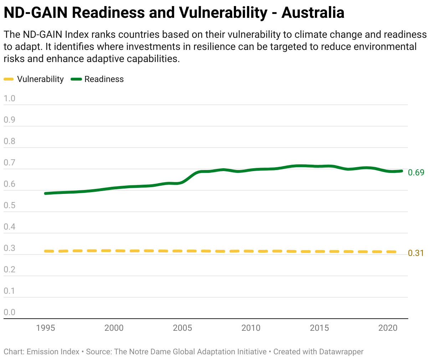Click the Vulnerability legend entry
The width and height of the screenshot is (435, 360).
click(x=34, y=79)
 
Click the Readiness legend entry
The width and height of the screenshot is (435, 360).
click(x=97, y=79)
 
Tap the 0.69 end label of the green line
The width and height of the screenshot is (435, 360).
click(x=416, y=173)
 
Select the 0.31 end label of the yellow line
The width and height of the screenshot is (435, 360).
click(x=416, y=253)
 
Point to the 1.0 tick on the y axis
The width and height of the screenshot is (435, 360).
click(x=9, y=98)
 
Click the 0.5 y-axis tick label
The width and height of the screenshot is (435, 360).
click(x=9, y=205)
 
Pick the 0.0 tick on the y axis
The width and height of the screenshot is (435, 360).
click(x=9, y=312)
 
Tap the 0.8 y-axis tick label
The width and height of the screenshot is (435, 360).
click(x=9, y=141)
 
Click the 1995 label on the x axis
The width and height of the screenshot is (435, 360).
click(x=45, y=328)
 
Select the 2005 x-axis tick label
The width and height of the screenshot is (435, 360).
click(x=182, y=328)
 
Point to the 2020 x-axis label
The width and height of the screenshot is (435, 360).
click(x=388, y=328)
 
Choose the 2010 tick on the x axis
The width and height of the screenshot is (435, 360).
click(x=251, y=328)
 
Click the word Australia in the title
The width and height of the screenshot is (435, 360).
click(x=313, y=12)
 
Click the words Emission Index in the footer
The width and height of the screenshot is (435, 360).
click(x=53, y=352)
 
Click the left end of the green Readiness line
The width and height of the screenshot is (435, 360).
click(x=45, y=194)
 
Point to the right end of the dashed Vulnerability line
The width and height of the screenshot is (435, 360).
click(x=395, y=252)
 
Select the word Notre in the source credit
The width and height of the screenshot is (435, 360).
click(x=139, y=352)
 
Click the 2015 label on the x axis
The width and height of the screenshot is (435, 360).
click(x=319, y=328)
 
